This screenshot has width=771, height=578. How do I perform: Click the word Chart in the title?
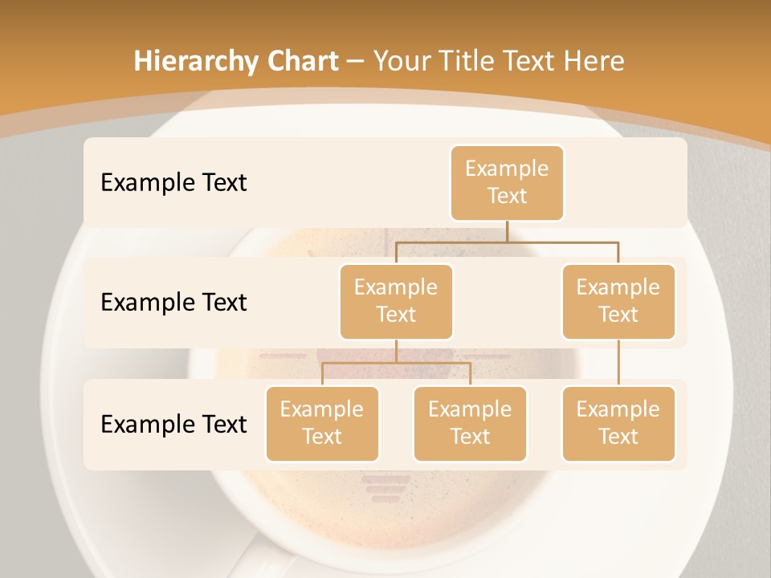pyautogui.click(x=299, y=61)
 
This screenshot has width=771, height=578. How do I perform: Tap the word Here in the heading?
pyautogui.click(x=594, y=61)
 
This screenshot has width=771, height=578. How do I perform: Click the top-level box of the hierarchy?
pyautogui.click(x=507, y=183)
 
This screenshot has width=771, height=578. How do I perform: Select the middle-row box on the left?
pyautogui.click(x=396, y=301)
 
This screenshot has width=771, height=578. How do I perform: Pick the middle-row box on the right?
pyautogui.click(x=618, y=301)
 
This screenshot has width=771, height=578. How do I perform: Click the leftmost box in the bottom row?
pyautogui.click(x=322, y=423)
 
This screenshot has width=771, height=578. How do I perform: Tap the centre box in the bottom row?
pyautogui.click(x=470, y=423)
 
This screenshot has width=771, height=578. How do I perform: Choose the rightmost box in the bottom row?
pyautogui.click(x=618, y=423)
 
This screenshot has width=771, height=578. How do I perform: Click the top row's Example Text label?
pyautogui.click(x=173, y=182)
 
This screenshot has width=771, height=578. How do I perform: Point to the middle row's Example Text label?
pyautogui.click(x=173, y=302)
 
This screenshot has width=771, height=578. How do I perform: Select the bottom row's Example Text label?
pyautogui.click(x=173, y=424)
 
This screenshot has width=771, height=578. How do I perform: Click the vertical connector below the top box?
pyautogui.click(x=507, y=231)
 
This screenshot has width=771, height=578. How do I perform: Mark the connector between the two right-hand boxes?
pyautogui.click(x=618, y=363)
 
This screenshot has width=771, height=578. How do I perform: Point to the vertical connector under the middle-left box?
pyautogui.click(x=396, y=351)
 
